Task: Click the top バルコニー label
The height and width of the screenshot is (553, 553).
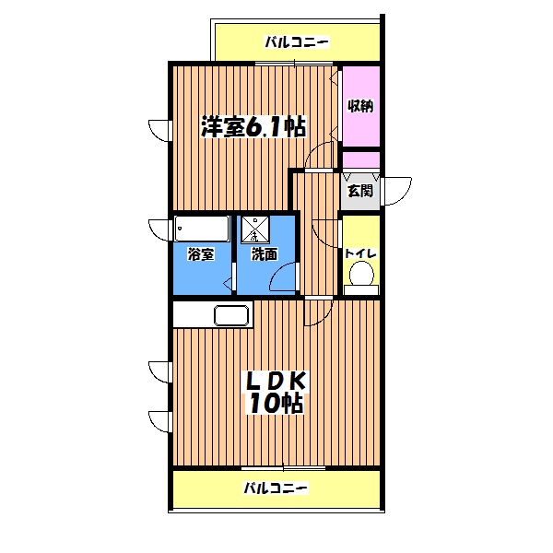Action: [297, 41]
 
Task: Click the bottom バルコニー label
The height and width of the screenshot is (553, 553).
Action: [276, 488]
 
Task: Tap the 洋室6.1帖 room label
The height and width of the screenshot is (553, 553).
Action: [253, 128]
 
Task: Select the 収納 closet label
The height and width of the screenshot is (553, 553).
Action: [360, 105]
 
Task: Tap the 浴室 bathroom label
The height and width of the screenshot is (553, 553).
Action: [202, 254]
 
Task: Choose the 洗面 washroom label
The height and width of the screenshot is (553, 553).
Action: [265, 254]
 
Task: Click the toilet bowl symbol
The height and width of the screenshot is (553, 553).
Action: [362, 276]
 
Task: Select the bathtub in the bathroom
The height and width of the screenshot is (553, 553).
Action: [202, 228]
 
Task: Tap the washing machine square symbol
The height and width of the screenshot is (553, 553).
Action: [255, 227]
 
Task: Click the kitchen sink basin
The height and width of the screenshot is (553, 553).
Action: [232, 315]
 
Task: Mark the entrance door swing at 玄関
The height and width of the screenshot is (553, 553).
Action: [398, 191]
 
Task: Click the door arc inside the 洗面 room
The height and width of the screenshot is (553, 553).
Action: [288, 276]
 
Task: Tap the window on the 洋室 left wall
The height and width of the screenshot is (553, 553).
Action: [159, 129]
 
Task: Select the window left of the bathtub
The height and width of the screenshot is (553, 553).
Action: [159, 228]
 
